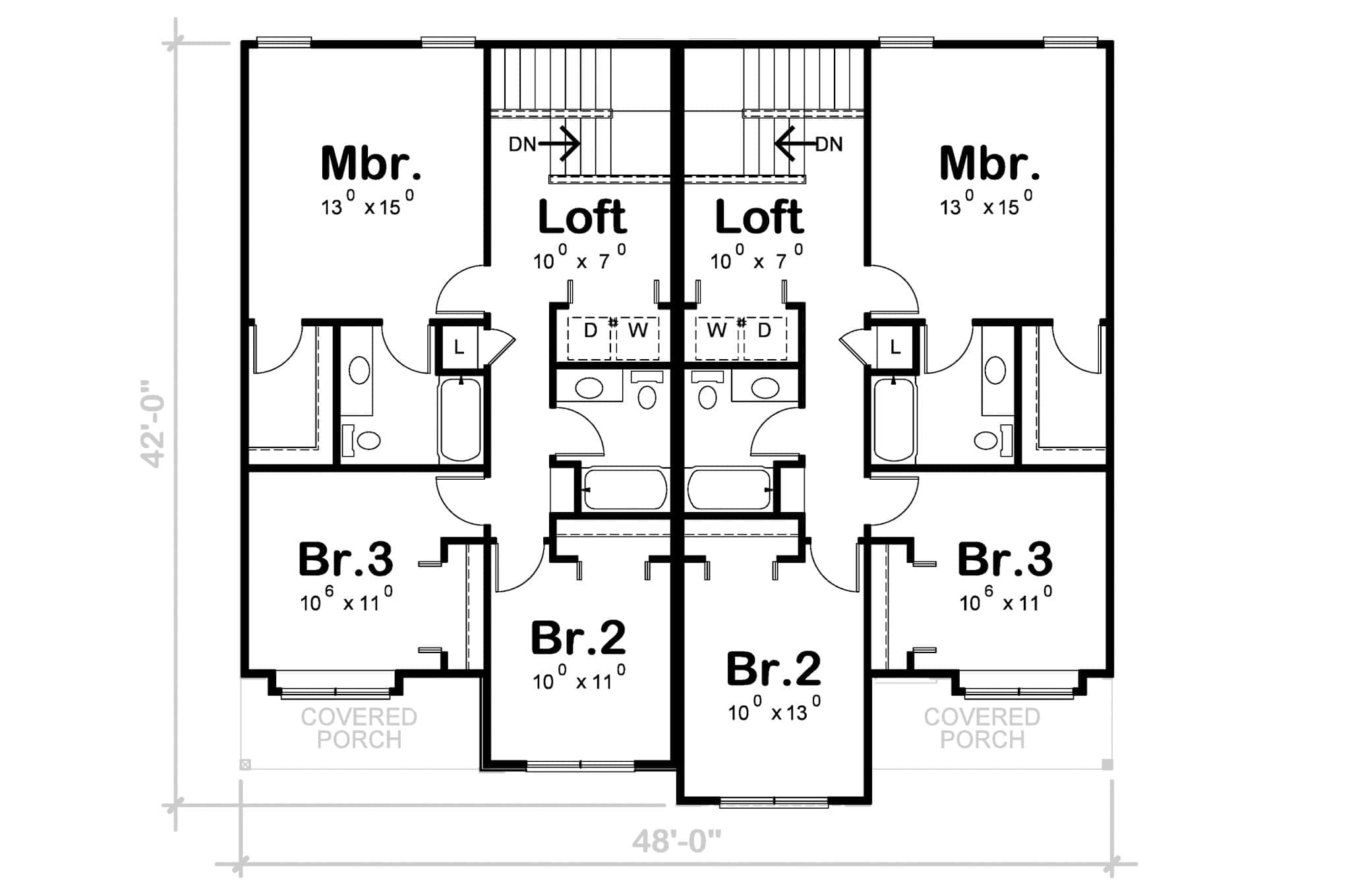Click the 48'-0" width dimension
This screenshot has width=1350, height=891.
coord(676,841)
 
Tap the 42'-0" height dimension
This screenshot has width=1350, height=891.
coord(154,423)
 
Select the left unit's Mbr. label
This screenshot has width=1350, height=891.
coord(370,163)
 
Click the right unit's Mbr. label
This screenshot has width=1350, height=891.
coord(989,163)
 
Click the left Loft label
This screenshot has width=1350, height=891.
coord(582,217)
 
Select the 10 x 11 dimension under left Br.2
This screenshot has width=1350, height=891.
coord(579,679)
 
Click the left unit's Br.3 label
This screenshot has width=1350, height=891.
coord(345,560)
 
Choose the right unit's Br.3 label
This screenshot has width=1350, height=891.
coord(1005,560)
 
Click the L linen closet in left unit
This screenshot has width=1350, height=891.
coord(459,347)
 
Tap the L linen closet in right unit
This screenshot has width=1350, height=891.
coord(895,347)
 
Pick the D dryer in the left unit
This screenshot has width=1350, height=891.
coord(590,331)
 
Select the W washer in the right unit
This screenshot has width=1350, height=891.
coord(717,331)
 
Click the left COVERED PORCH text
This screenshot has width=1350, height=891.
coord(359,728)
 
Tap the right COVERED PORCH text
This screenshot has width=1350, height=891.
coord(982,728)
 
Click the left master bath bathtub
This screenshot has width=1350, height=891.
coord(460,420)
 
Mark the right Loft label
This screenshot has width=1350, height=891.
coord(759,217)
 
